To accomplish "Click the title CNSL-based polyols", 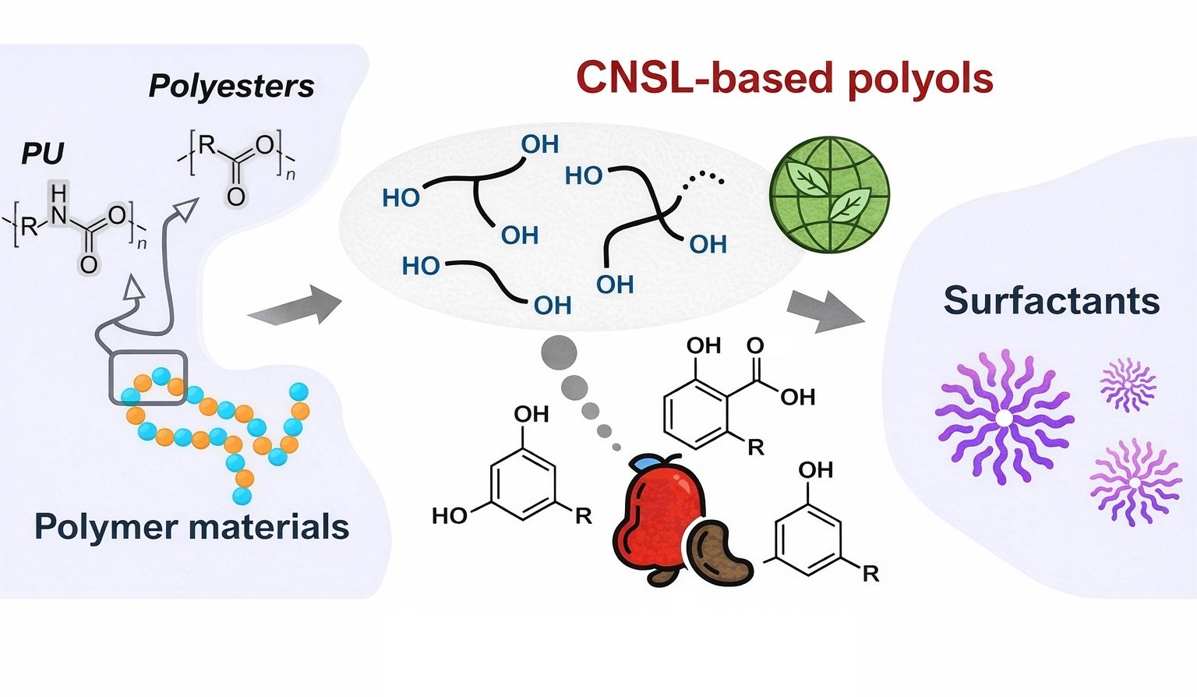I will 784,78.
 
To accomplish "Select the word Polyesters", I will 231,86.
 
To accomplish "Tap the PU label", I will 42,153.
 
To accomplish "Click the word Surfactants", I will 1051,301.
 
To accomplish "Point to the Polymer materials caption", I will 192,527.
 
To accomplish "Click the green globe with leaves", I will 829,195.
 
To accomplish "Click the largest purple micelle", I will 1004,418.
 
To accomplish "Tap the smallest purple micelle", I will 1128,384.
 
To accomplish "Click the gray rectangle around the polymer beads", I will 147,378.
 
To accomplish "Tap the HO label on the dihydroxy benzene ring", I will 450,515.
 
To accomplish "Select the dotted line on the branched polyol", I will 704,182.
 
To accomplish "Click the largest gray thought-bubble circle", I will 559,352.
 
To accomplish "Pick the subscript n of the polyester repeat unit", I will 290,175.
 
